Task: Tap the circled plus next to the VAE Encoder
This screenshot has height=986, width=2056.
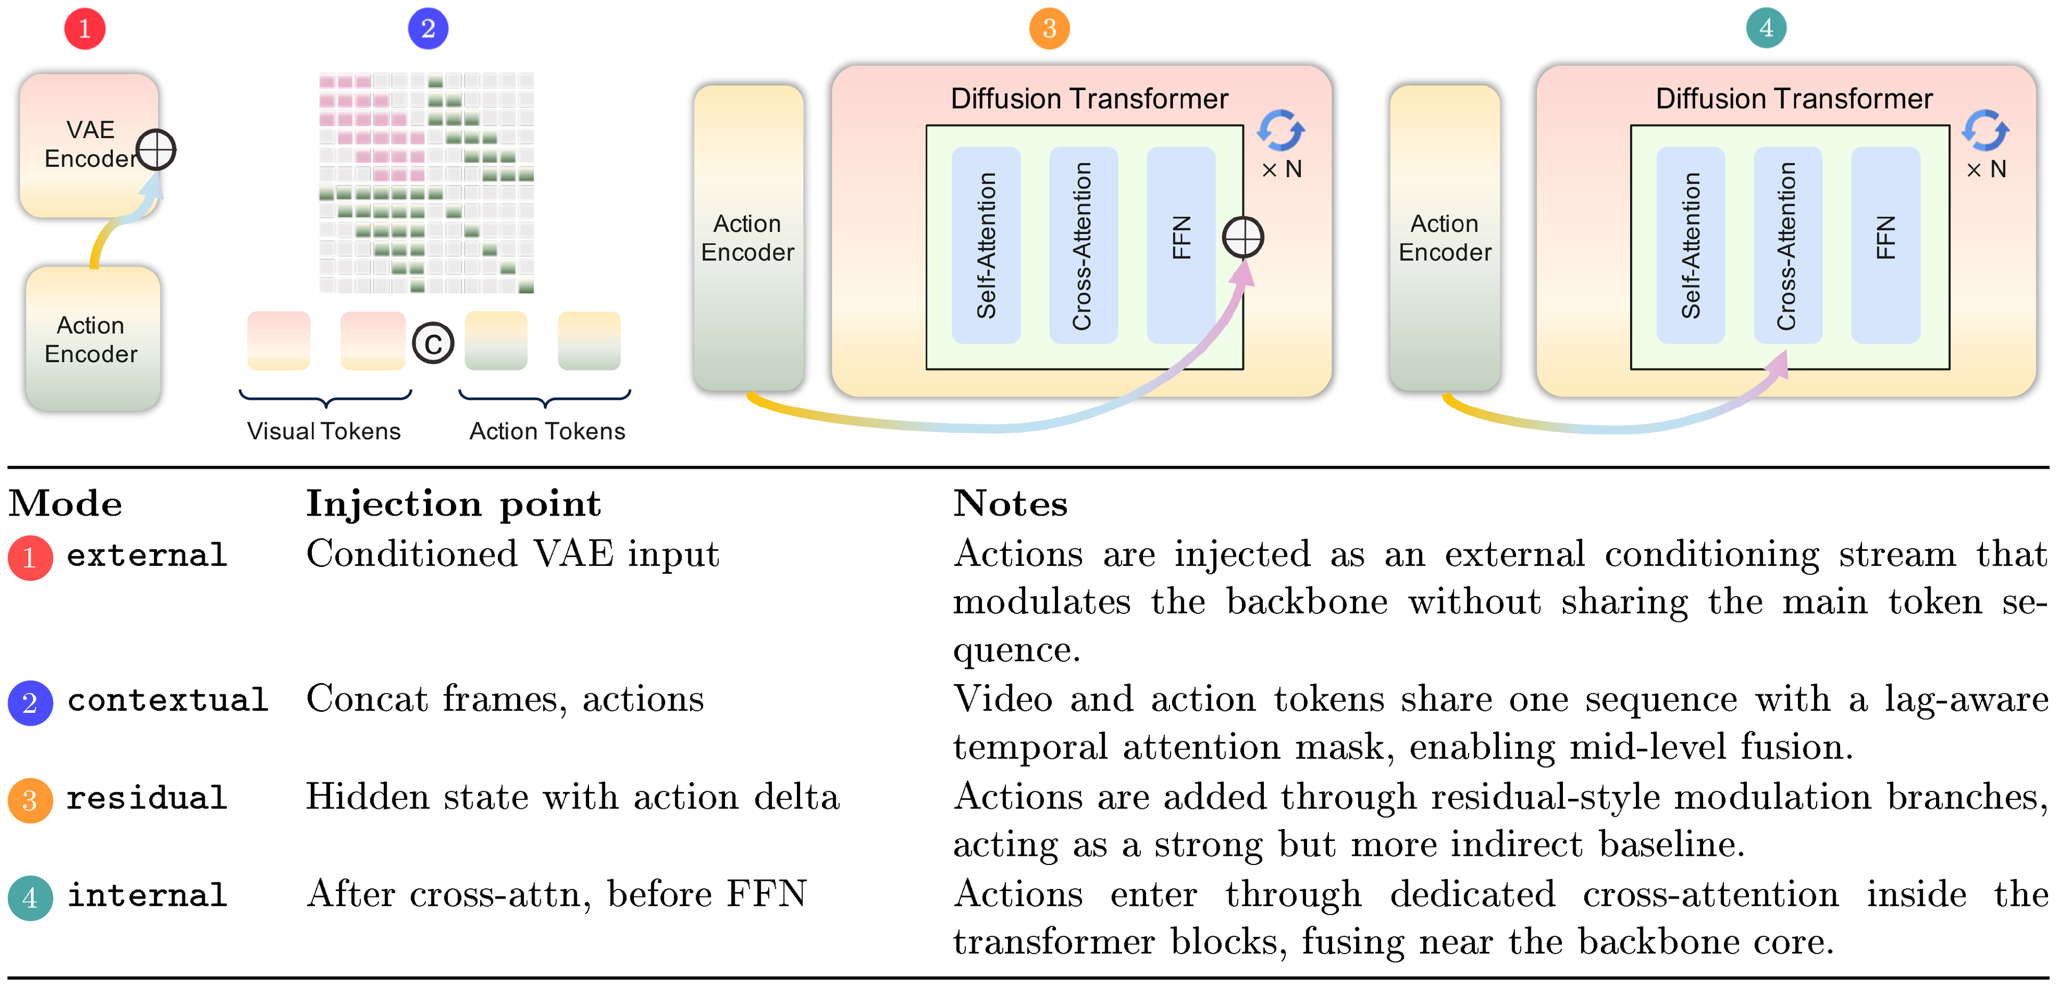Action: (156, 150)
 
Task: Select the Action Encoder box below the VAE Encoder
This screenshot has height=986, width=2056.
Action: (91, 339)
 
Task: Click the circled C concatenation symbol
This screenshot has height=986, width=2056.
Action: (433, 343)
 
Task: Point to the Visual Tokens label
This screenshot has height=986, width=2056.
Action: (323, 431)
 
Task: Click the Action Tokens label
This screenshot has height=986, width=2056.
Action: (547, 431)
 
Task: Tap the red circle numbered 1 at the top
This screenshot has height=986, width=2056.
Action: (85, 29)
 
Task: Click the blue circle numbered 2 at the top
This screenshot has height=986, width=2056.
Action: (428, 29)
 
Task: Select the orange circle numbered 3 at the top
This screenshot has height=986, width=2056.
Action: (1049, 29)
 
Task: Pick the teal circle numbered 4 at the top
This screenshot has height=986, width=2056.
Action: (1765, 29)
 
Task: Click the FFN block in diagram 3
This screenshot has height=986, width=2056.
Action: (1180, 244)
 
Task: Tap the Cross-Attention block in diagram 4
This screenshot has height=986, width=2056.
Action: (1787, 244)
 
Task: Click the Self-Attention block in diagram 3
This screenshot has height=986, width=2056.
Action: (986, 244)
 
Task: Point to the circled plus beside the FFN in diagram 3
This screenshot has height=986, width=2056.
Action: (1243, 237)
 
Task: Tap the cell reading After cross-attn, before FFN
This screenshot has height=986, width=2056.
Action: (557, 894)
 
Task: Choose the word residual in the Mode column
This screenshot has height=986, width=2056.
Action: (147, 798)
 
